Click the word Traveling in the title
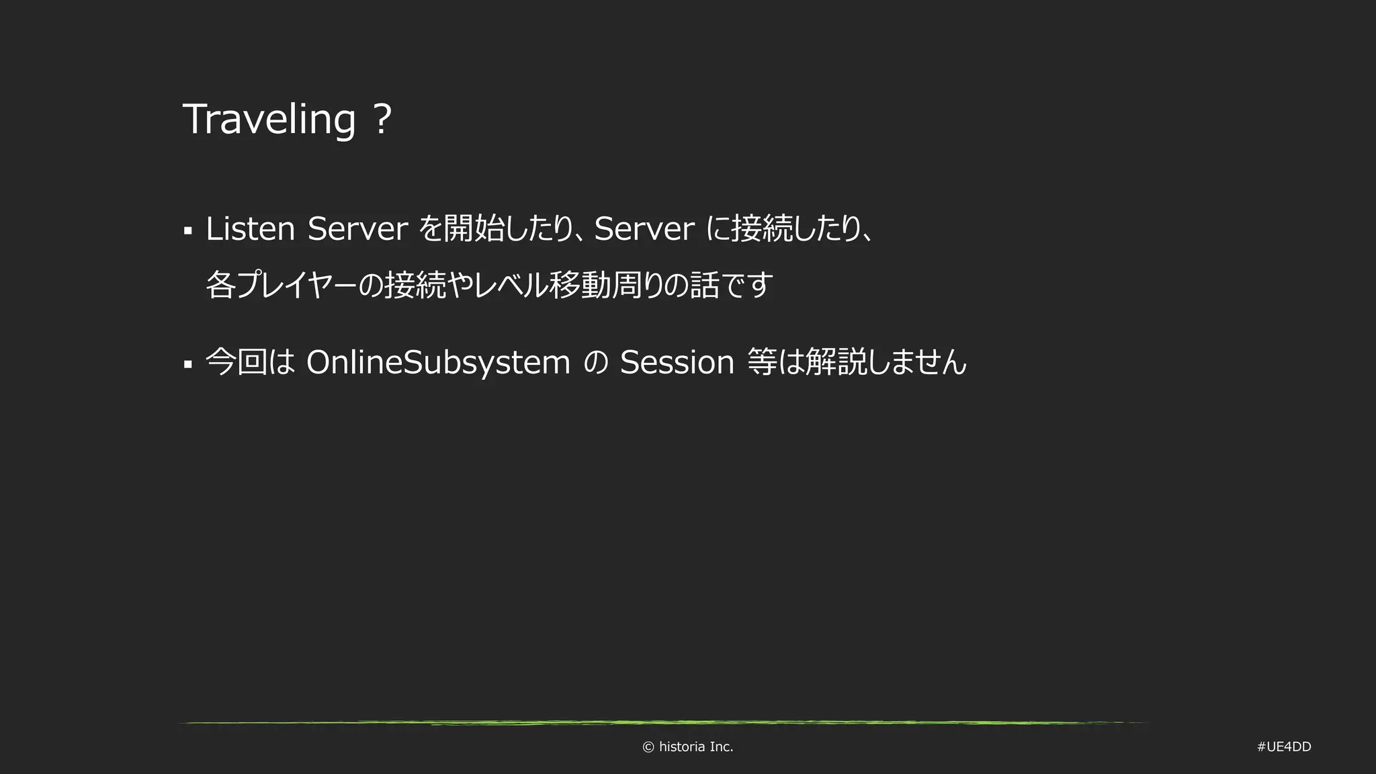coord(269,120)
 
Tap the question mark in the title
coord(381,120)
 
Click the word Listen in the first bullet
coord(250,229)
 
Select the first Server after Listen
coord(357,229)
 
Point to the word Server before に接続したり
coord(644,229)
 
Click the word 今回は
coord(251,362)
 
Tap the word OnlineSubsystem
coord(438,362)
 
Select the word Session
coord(677,362)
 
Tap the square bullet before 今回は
coord(188,365)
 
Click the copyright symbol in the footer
coord(648,747)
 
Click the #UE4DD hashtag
coord(1284,747)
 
